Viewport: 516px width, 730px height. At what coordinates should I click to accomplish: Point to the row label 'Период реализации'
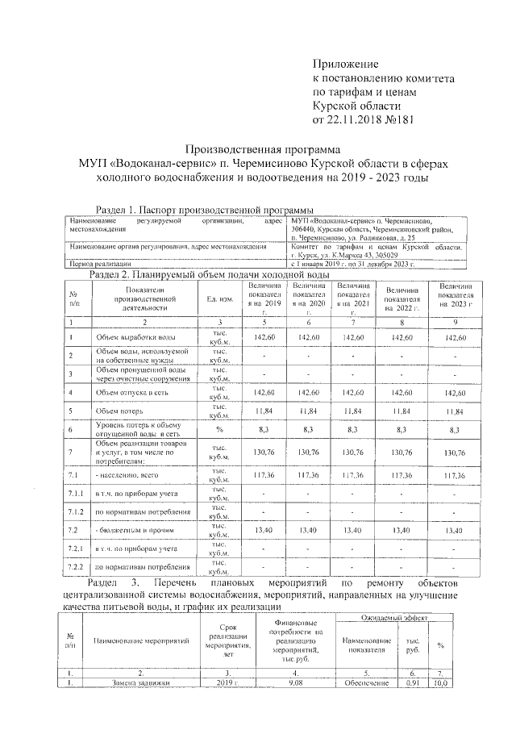tap(101, 263)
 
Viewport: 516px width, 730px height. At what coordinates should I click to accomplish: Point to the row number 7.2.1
tap(76, 549)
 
